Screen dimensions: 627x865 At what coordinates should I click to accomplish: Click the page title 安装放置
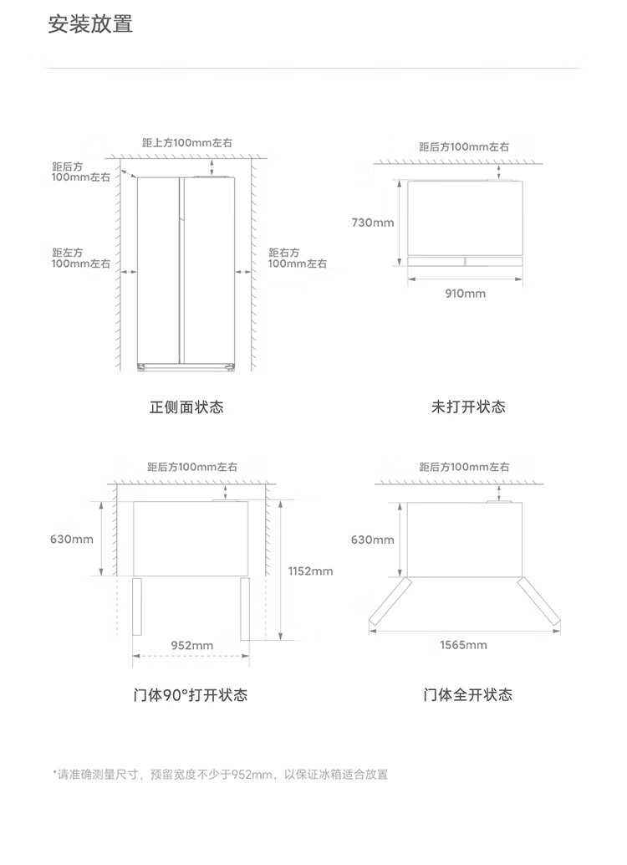pos(90,24)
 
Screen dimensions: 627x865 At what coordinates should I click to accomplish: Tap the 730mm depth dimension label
pos(373,223)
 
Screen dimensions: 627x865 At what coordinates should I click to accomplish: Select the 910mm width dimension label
pos(466,294)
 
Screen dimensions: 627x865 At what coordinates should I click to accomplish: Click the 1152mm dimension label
pos(310,571)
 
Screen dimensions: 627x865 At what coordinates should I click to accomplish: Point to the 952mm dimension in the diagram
pos(192,646)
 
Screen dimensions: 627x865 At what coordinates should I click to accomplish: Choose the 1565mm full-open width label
pos(463,645)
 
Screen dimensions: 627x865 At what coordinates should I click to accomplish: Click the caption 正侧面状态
pos(186,407)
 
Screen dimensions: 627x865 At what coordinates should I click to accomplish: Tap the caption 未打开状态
pos(468,407)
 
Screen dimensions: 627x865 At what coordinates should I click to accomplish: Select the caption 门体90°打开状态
pos(191,694)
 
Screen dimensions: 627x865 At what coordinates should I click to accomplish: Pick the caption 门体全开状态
pos(468,694)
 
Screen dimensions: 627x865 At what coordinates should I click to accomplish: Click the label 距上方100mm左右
pos(187,143)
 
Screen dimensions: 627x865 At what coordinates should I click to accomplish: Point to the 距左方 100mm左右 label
pos(80,258)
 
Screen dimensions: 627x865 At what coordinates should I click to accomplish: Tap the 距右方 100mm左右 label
pos(298,258)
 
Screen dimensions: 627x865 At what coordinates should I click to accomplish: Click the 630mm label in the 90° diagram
pos(72,539)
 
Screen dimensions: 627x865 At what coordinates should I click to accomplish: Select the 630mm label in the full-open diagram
pos(373,540)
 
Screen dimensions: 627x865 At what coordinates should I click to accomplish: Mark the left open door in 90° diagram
pos(137,607)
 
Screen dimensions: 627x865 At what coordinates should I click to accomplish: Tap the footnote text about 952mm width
pos(221,775)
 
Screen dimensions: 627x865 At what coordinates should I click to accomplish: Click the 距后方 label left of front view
pos(80,171)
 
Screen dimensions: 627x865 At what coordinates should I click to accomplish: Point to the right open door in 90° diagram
pos(245,609)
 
